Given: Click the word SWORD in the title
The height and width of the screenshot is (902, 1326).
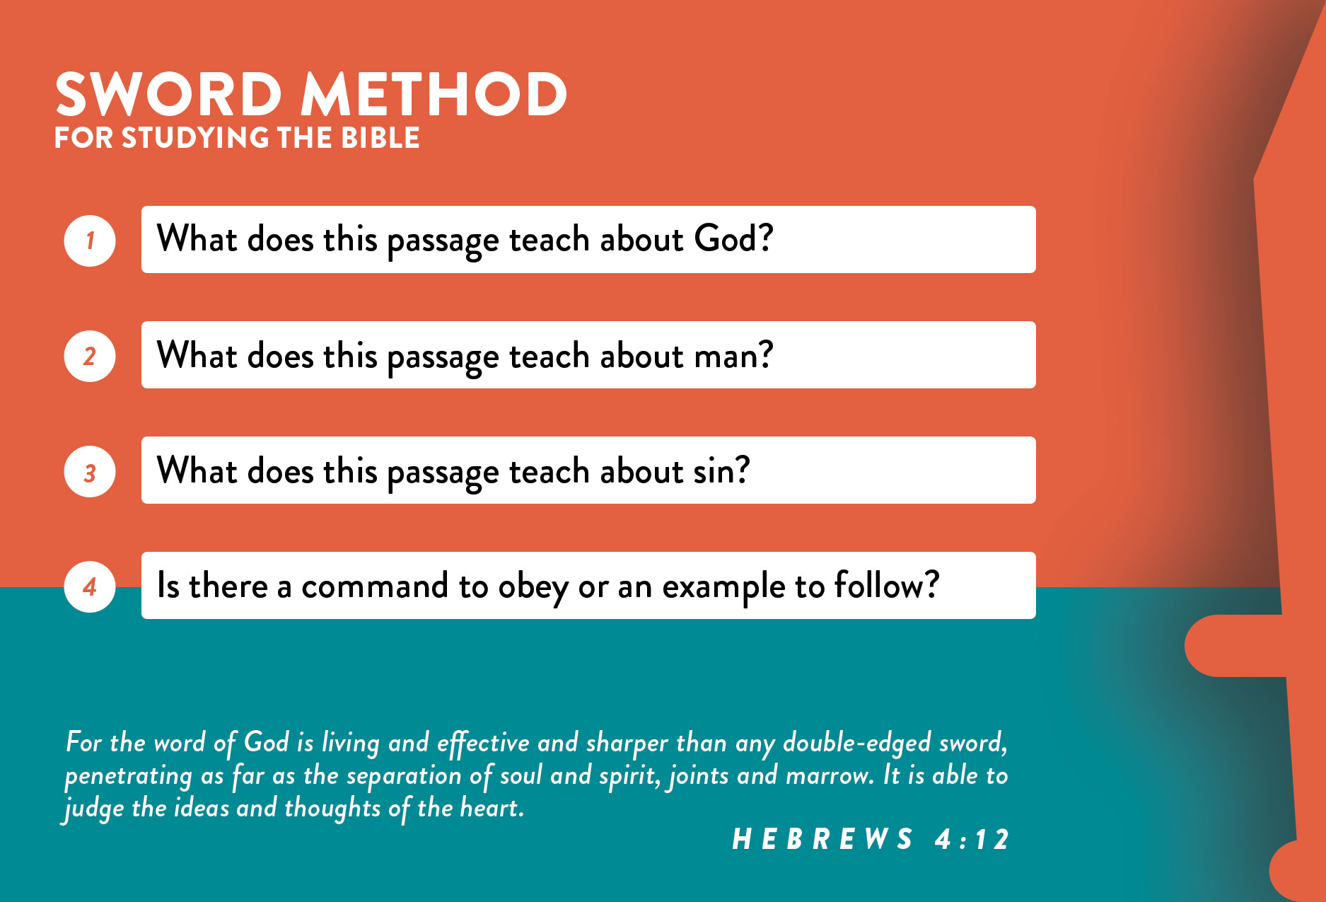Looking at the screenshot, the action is pos(169,94).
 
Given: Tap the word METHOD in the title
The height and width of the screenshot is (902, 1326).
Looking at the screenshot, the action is pos(434,94).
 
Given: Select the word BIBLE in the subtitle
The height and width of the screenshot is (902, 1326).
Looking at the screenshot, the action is pos(380,138).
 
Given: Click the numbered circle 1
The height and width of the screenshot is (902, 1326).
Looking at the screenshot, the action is pos(90,241).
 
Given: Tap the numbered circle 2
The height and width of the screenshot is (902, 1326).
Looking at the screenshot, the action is pos(90,356).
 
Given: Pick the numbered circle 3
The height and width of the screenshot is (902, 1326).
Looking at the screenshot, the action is pos(90,471).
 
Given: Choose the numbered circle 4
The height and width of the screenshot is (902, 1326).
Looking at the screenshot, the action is pos(90,586).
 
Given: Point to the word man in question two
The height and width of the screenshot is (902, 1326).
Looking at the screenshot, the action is pos(726,356).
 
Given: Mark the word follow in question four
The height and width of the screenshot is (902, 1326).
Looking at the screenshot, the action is pos(879,585).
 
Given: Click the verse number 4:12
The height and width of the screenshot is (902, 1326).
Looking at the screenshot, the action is pos(972,839).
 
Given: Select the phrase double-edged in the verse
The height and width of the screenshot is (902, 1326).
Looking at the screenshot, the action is pos(857,743).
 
